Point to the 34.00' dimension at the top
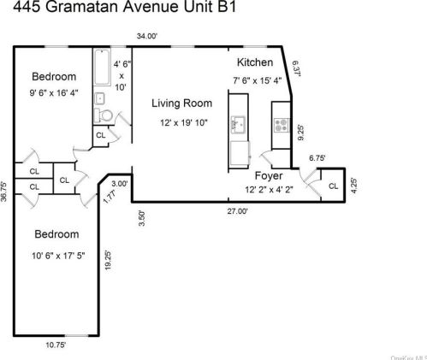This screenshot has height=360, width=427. coord(147,36)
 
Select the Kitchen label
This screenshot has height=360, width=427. coord(255,62)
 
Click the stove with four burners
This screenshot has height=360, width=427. coord(279,126)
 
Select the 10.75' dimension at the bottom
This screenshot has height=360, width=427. coord(56,346)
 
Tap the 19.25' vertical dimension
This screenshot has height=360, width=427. coord(109,259)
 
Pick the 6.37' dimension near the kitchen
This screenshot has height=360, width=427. coord(296,68)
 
